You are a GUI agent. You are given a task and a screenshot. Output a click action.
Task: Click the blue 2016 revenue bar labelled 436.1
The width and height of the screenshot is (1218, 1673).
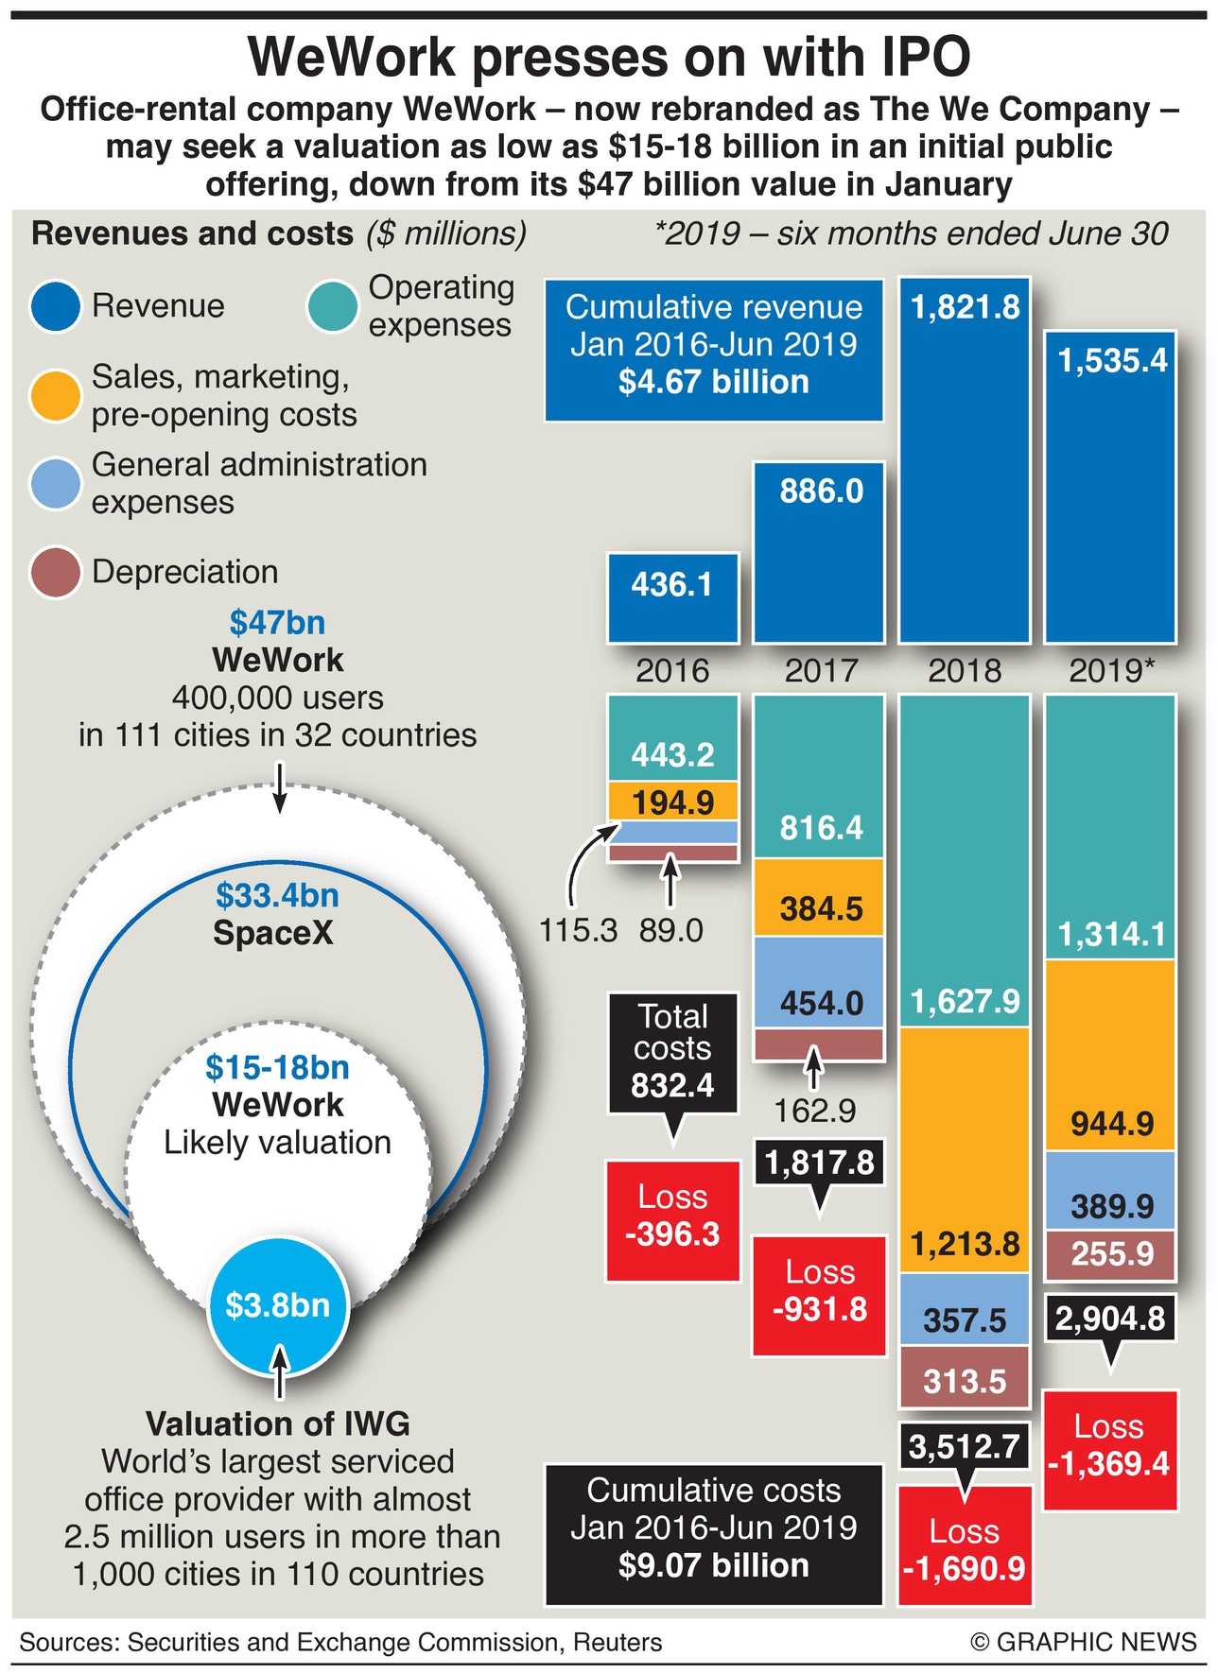672,597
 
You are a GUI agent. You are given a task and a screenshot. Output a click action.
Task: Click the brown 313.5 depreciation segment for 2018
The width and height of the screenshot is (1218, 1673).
965,1379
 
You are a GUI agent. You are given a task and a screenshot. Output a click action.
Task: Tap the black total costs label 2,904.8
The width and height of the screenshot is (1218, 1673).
1111,1318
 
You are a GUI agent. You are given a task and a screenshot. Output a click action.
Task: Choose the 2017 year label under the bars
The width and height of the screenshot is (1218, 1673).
820,671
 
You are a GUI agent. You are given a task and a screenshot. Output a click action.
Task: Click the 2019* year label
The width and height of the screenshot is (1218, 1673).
1111,671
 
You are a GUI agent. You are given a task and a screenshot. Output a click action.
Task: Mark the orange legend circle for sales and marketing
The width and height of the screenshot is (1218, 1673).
55,395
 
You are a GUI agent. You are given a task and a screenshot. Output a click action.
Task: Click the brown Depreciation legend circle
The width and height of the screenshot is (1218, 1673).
55,572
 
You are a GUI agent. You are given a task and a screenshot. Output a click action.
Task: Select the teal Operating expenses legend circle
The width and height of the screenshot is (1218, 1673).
332,306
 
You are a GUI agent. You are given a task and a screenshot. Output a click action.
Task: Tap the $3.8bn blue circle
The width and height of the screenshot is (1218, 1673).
278,1305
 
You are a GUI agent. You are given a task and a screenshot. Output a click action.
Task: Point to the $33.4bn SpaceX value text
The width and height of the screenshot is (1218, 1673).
277,895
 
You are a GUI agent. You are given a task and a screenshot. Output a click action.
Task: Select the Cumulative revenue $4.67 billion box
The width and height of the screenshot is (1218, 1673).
714,350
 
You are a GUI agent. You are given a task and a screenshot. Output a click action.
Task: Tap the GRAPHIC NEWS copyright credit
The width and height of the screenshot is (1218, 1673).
1084,1642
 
